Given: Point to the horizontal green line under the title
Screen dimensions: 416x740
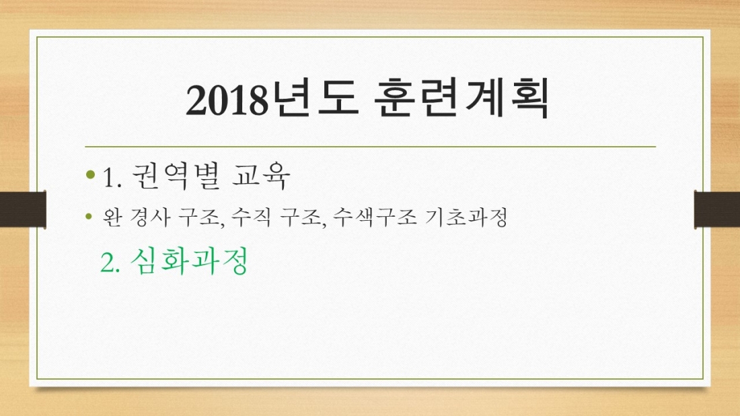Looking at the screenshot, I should [370, 146].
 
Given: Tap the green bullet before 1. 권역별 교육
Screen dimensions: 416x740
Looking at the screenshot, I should [91, 176].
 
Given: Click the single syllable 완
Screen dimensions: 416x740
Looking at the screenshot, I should [112, 217].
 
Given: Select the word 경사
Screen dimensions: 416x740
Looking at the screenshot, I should [147, 217].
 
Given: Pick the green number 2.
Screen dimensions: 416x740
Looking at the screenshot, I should [110, 262].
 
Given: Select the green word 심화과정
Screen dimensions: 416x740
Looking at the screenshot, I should [190, 261].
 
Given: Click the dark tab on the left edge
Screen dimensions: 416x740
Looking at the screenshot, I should [22, 208].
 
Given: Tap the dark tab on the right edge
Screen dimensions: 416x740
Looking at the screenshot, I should [717, 208].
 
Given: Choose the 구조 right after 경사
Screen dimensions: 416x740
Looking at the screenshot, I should [203, 217].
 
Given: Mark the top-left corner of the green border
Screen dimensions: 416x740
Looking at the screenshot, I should [37, 38].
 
